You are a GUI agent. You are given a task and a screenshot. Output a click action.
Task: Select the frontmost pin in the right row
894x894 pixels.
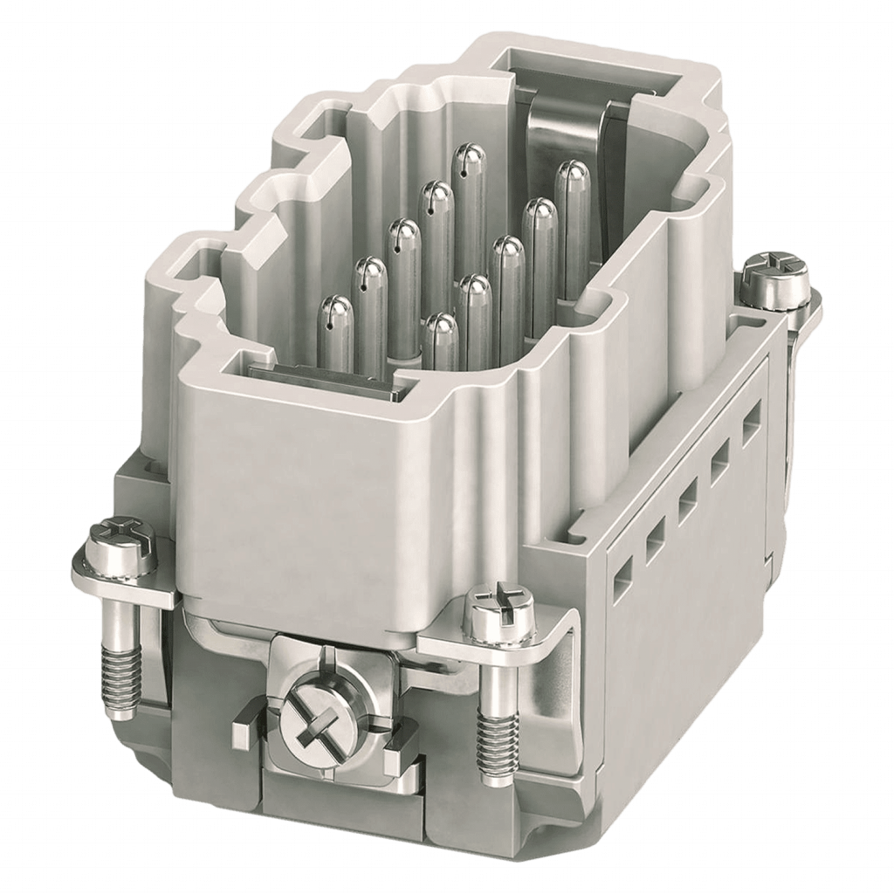(441, 336)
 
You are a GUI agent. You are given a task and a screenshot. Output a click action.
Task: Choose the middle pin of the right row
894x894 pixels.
(506, 258)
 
